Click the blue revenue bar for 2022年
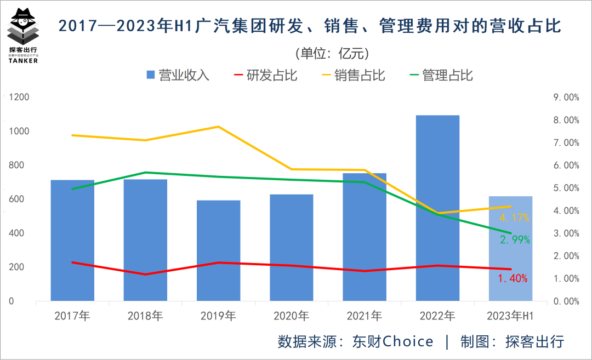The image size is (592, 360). click(x=437, y=208)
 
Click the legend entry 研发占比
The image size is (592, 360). click(x=265, y=75)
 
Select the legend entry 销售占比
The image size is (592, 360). click(x=353, y=75)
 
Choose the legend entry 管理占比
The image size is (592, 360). click(x=441, y=75)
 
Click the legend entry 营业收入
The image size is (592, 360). click(x=178, y=75)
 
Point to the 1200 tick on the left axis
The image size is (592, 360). click(x=19, y=98)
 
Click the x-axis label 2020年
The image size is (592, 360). click(x=291, y=316)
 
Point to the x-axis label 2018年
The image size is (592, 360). click(x=145, y=316)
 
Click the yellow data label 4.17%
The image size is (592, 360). click(x=514, y=218)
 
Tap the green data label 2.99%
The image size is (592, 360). click(x=514, y=240)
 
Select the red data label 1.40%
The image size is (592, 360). click(x=513, y=278)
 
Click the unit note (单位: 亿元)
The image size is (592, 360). click(x=332, y=53)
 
